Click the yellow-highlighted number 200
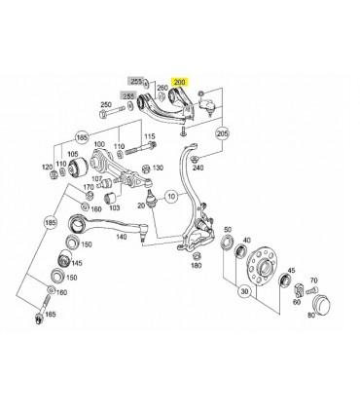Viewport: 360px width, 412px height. [x=182, y=85]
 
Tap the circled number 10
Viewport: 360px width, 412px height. [x=171, y=195]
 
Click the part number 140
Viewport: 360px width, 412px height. [x=121, y=237]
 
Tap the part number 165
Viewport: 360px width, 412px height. [x=51, y=315]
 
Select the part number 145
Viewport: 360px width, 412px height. [x=75, y=263]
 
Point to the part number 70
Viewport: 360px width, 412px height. [x=313, y=280]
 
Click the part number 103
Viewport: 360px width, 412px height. [x=115, y=206]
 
